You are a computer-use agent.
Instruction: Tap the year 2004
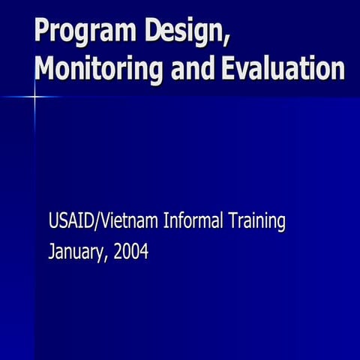(x=132, y=252)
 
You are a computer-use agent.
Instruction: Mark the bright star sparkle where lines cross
(x=35, y=97)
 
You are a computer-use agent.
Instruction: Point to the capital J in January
(x=51, y=252)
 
